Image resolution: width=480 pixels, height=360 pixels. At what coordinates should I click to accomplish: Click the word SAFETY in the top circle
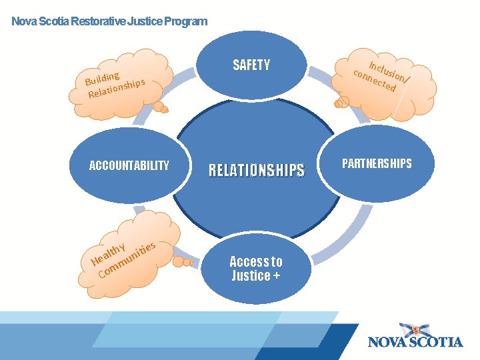(251, 65)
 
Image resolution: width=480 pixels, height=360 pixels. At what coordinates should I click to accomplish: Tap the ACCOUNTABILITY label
(129, 165)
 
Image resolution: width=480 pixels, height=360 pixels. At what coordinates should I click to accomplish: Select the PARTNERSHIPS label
(377, 163)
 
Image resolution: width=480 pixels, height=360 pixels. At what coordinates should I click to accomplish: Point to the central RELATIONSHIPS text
(256, 171)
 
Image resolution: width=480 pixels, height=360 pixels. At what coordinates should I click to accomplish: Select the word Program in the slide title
(185, 21)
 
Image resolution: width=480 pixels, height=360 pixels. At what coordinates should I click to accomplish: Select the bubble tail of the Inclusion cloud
(342, 103)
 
